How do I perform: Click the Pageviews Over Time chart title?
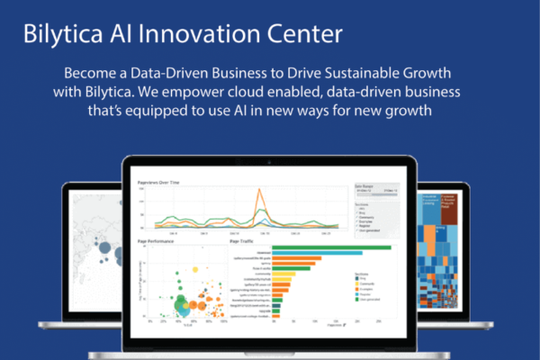pos(158,182)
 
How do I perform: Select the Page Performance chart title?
pos(156,240)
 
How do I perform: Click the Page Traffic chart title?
pos(242,240)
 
